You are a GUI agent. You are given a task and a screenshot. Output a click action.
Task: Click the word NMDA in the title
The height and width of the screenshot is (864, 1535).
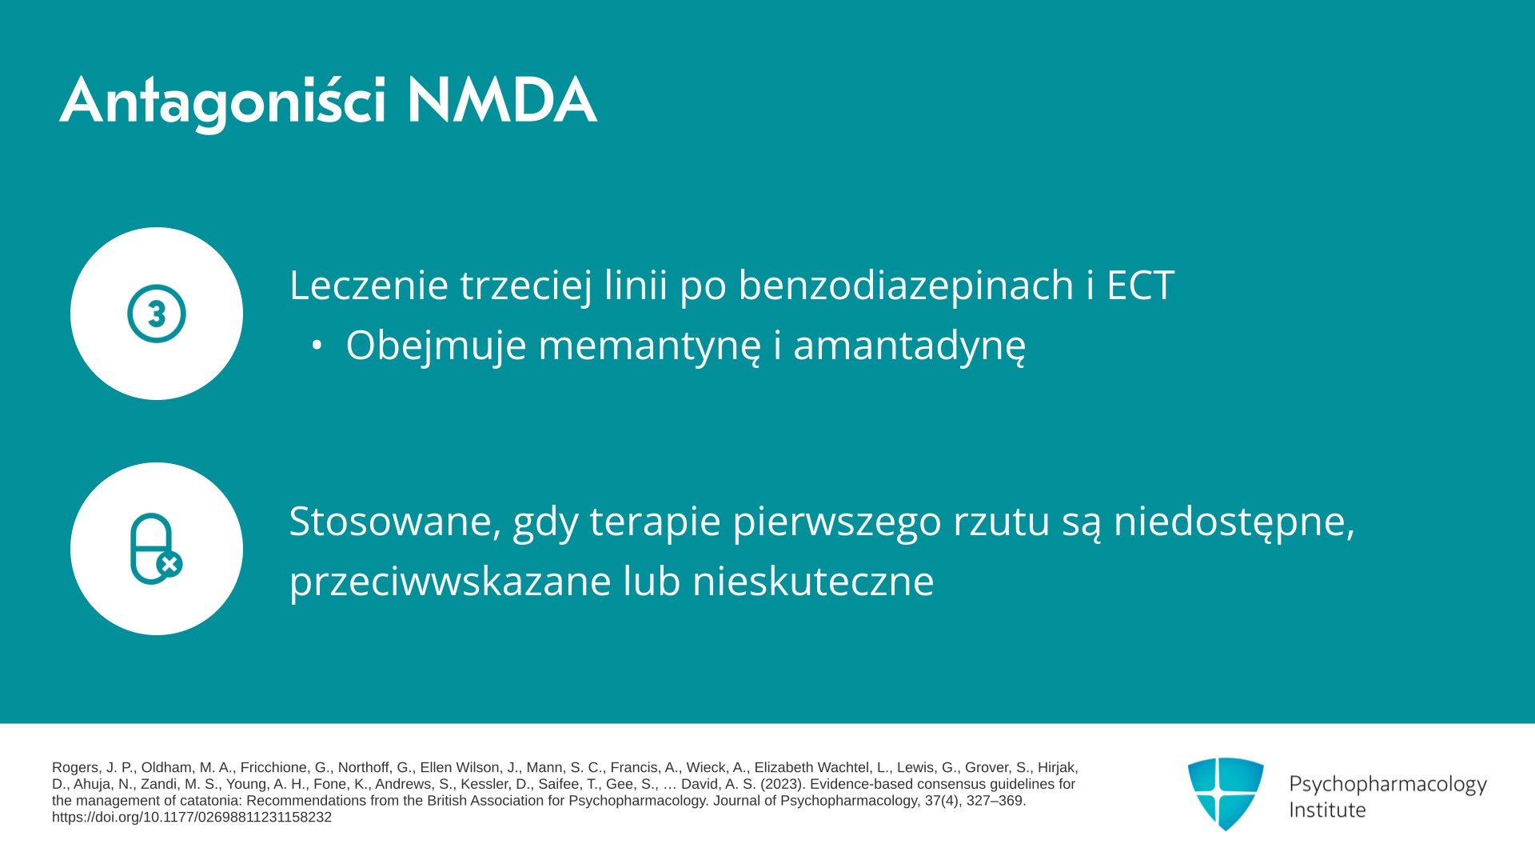tap(501, 101)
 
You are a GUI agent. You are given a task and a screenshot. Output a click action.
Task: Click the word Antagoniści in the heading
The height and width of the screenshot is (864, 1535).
tap(223, 102)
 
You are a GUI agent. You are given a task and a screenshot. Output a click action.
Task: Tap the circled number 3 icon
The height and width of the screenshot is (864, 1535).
tap(157, 314)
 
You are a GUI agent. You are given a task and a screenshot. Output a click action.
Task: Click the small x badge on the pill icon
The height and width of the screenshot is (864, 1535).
tap(169, 564)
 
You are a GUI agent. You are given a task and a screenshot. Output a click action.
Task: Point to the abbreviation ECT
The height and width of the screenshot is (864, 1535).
tap(1140, 285)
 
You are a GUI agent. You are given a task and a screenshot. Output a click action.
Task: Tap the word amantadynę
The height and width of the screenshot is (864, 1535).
tap(909, 346)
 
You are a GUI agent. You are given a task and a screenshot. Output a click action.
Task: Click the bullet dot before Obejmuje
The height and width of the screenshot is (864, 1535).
tap(317, 346)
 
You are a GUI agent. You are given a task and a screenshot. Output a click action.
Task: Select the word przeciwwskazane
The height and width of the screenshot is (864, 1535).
tap(450, 582)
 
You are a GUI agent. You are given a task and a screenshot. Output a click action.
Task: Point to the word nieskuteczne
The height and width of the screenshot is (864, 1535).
tap(813, 581)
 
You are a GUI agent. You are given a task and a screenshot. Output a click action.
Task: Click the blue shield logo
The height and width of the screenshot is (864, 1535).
tap(1226, 794)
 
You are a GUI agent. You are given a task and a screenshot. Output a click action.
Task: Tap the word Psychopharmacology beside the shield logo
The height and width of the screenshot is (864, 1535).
tap(1388, 785)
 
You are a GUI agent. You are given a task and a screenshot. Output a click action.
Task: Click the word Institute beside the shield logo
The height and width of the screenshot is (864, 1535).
tap(1327, 810)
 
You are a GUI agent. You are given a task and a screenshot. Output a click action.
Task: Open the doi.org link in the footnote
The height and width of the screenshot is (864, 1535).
tap(192, 818)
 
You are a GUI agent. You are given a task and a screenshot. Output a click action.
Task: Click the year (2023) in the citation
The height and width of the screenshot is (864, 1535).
tap(783, 784)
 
